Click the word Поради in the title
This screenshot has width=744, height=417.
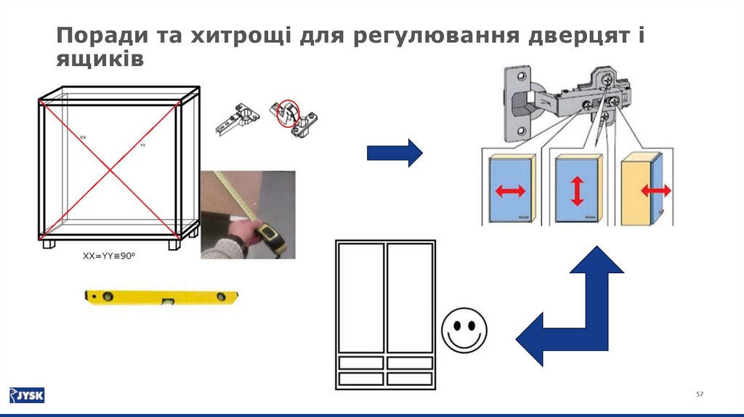pyautogui.click(x=98, y=36)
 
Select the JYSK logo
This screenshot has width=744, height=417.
pyautogui.click(x=26, y=395)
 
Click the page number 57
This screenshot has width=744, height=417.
pyautogui.click(x=700, y=394)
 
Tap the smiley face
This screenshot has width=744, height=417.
pyautogui.click(x=464, y=331)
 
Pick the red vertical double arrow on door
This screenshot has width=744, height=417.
pyautogui.click(x=577, y=190)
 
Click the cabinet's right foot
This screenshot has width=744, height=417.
pyautogui.click(x=174, y=244)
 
